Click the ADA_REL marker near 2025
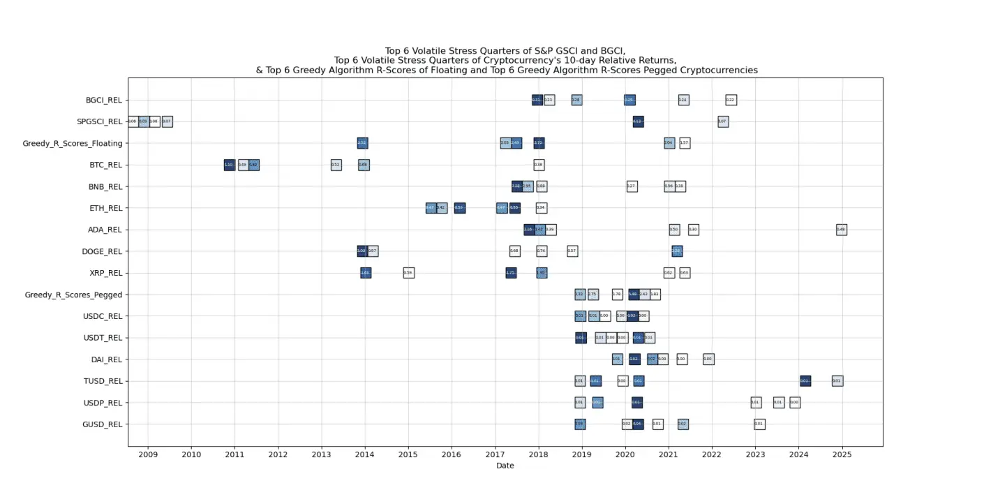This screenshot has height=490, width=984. [841, 230]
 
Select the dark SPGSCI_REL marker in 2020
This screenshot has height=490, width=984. [638, 121]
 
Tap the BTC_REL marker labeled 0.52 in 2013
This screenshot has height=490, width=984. [336, 165]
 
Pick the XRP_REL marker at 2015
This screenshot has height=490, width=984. [408, 273]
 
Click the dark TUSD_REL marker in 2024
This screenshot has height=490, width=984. [805, 381]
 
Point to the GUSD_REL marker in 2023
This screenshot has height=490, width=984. [759, 424]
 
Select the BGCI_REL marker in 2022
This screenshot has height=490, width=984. [731, 100]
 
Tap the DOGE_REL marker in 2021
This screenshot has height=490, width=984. [677, 251]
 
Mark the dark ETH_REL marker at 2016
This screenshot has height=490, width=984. [459, 208]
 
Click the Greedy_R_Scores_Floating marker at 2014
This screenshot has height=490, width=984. [362, 143]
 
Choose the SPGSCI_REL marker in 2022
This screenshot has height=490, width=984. [723, 121]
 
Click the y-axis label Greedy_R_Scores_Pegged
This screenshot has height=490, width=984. [73, 295]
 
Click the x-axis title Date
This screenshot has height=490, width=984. [505, 466]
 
